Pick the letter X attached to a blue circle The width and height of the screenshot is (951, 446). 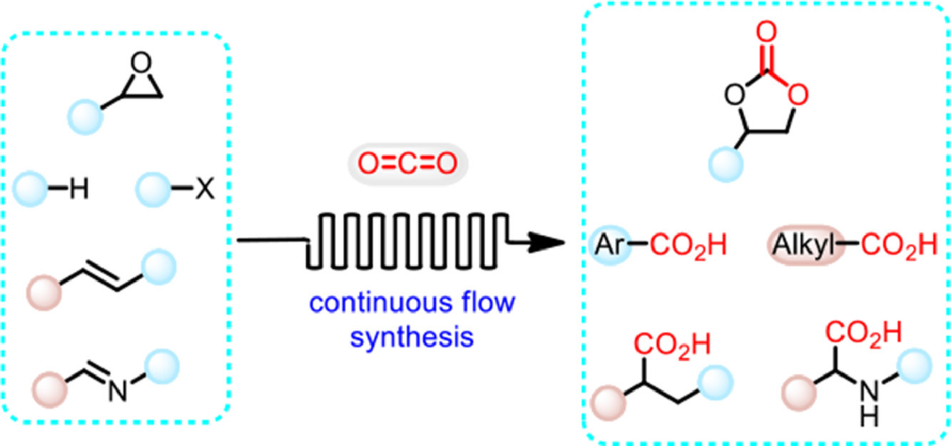pos(204,191)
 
